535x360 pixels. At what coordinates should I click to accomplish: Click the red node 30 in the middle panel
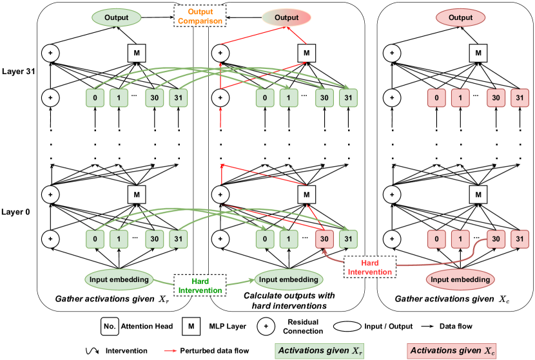pos(326,239)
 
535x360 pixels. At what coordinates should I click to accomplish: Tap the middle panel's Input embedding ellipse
pos(287,279)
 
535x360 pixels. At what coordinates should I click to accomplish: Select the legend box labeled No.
pos(110,327)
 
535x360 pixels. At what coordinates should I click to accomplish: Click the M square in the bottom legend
pos(191,327)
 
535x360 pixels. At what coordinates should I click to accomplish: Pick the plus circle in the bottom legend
pos(264,327)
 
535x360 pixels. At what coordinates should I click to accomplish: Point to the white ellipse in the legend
pos(347,327)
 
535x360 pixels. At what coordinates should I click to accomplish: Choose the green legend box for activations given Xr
pos(318,350)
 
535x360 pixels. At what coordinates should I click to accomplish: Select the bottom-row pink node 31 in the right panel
pos(518,239)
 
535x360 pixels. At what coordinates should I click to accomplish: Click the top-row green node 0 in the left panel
pos(95,99)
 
